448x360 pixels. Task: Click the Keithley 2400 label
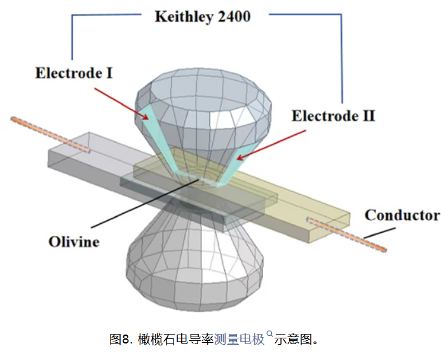pyautogui.click(x=202, y=17)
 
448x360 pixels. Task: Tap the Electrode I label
pyautogui.click(x=74, y=73)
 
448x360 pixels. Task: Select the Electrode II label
pyautogui.click(x=333, y=116)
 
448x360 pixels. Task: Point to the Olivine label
pyautogui.click(x=74, y=242)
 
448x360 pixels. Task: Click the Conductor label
pyautogui.click(x=402, y=215)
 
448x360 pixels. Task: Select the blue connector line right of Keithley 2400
pyautogui.click(x=342, y=57)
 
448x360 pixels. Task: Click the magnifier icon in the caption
pyautogui.click(x=269, y=333)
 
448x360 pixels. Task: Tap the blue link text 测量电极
pyautogui.click(x=239, y=338)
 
